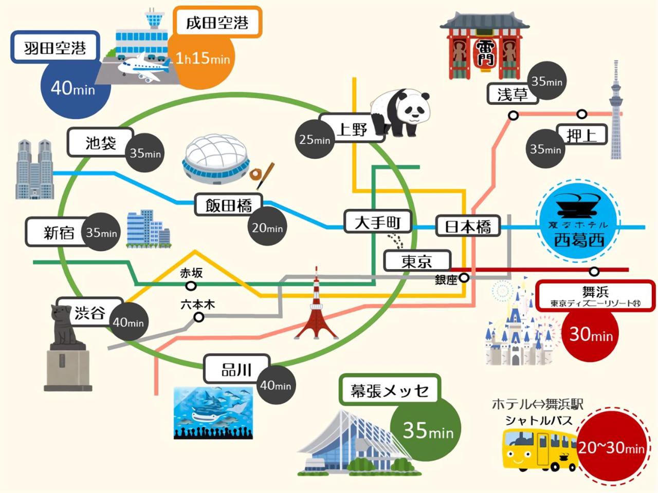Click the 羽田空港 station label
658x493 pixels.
55,48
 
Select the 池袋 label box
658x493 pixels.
100,142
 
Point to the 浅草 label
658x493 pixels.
512,94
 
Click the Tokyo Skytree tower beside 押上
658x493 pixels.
615,113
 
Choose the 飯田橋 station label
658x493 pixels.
229,205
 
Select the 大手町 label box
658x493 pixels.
378,222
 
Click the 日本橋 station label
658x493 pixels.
468,226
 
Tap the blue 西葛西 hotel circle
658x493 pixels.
578,220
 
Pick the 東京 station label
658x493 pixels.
417,261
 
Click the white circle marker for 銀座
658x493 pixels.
464,278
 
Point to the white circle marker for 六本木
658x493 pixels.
198,317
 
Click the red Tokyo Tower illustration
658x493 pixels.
316,308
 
